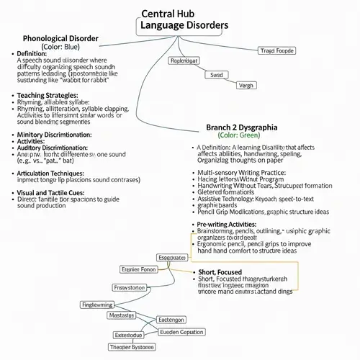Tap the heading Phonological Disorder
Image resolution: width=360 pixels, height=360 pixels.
click(60, 38)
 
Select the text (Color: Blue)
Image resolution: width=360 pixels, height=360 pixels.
click(60, 47)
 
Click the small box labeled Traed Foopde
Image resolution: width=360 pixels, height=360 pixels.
click(276, 50)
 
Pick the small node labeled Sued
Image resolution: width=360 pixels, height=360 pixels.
click(216, 74)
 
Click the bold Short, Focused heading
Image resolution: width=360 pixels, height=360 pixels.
click(221, 272)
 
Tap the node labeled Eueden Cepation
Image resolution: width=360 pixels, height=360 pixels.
click(181, 332)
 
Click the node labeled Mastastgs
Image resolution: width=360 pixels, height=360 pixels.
click(120, 315)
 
